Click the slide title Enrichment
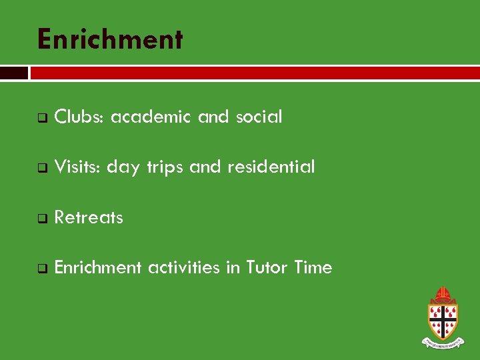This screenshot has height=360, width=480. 110,39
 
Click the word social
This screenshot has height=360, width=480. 257,117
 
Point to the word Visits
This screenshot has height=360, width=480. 77,167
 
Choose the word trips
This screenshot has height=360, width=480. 164,168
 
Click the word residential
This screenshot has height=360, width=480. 271,167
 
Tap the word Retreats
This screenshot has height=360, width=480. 89,218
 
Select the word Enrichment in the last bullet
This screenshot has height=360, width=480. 98,268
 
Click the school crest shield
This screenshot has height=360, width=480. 442,321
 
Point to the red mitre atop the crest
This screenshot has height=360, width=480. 442,295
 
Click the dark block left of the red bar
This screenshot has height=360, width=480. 14,73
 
